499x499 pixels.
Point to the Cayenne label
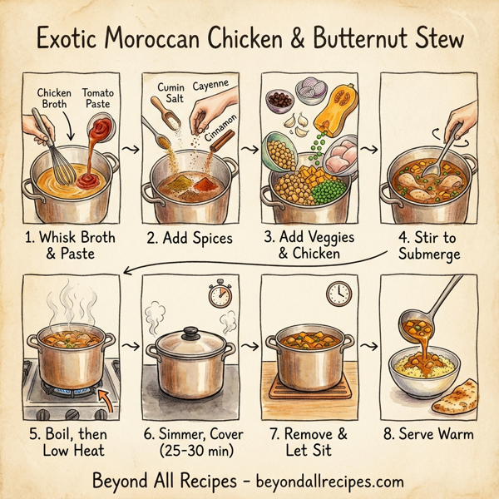pos(210,85)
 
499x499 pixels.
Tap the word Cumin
pos(171,87)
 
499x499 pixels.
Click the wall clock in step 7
pos(338,292)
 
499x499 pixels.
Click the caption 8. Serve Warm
pos(428,434)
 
